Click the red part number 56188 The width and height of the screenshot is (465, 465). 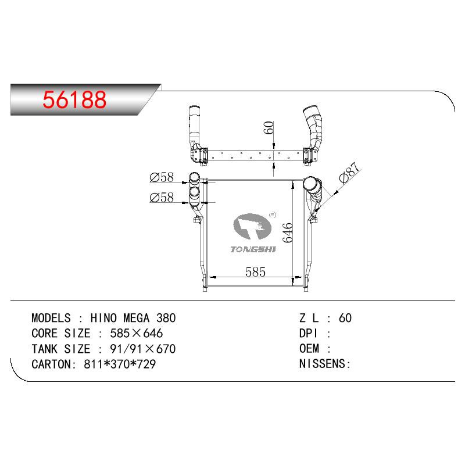pos(74,99)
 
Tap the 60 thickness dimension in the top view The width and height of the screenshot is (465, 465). pos(269,127)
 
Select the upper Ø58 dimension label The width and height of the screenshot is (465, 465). pos(162,177)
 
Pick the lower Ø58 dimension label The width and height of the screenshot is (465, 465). pos(162,198)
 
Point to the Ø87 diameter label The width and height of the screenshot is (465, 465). pos(349,173)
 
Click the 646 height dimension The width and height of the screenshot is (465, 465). pos(287,233)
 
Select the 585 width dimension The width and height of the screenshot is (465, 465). pos(255,271)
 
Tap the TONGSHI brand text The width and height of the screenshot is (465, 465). pos(253,249)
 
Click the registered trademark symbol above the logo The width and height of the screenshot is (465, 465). pos(272,215)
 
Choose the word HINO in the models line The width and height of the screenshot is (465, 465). pos(104,318)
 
